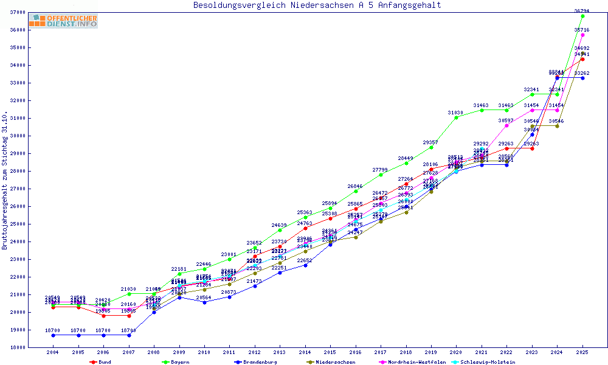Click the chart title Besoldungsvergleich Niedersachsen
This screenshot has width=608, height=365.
pyautogui.click(x=317, y=5)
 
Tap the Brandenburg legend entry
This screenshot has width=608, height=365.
pyautogui.click(x=258, y=362)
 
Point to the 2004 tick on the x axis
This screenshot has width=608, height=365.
pyautogui.click(x=54, y=352)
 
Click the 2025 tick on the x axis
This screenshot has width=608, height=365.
pyautogui.click(x=582, y=352)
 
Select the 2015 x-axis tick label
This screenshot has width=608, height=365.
pyautogui.click(x=330, y=352)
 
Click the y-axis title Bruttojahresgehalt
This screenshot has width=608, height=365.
pyautogui.click(x=5, y=181)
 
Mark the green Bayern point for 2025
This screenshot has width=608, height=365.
pyautogui.click(x=582, y=16)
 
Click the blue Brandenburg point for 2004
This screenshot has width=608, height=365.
pyautogui.click(x=54, y=335)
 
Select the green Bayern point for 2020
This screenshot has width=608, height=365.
pyautogui.click(x=457, y=117)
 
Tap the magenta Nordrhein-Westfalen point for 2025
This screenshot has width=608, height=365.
pyautogui.click(x=582, y=35)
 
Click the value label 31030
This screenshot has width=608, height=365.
pyautogui.click(x=456, y=113)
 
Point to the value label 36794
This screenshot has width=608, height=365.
pyautogui.click(x=582, y=10)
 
